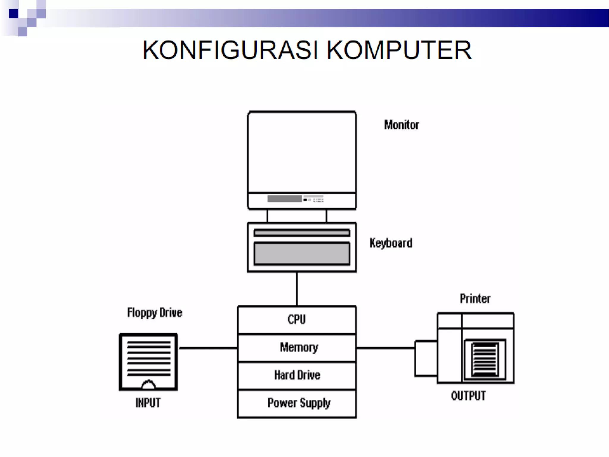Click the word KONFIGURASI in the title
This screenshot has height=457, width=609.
click(x=230, y=50)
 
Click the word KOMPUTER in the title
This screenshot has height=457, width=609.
click(x=399, y=50)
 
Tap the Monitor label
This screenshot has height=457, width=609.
click(x=401, y=125)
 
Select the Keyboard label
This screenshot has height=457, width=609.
click(x=391, y=243)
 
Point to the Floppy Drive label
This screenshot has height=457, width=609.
click(x=155, y=313)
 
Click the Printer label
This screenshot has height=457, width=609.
click(x=475, y=299)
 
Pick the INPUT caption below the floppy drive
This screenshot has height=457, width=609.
click(x=148, y=403)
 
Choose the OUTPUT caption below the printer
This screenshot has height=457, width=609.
click(x=468, y=396)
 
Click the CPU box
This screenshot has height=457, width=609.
click(x=297, y=320)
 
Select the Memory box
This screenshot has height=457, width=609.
click(x=299, y=348)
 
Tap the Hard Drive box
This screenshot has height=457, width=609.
click(x=297, y=375)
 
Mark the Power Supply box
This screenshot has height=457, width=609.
click(x=299, y=403)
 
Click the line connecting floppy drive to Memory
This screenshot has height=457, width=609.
click(x=208, y=348)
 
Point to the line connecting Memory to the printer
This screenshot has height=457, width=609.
click(x=385, y=348)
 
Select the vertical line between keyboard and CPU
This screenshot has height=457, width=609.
click(x=297, y=289)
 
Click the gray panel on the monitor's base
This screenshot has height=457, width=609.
click(x=284, y=199)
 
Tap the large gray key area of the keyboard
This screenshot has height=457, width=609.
click(x=302, y=253)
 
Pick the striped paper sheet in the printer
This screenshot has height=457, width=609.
click(x=485, y=359)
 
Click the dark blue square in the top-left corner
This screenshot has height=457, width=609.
click(x=13, y=14)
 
